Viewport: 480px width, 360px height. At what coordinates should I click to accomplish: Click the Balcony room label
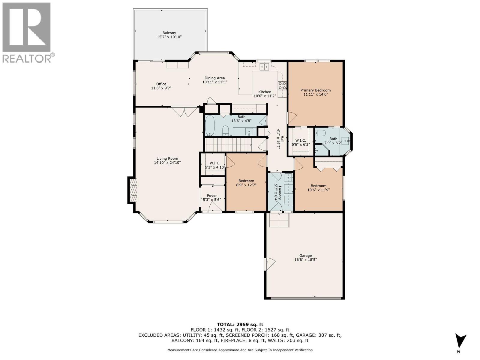click(x=169, y=33)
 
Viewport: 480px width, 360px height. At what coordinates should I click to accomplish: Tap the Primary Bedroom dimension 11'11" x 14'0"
click(x=316, y=94)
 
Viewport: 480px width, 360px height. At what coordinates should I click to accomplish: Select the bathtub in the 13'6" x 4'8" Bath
click(x=209, y=126)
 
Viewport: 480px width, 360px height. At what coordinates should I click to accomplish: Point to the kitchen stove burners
click(x=282, y=85)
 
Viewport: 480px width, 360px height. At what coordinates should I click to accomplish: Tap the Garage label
click(x=305, y=256)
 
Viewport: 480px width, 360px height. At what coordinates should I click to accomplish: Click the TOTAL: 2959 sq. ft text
click(x=240, y=324)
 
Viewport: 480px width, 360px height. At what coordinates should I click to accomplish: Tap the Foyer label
click(x=212, y=196)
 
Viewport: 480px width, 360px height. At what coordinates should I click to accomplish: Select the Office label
click(x=161, y=84)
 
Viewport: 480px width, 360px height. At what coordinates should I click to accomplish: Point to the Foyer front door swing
click(x=215, y=207)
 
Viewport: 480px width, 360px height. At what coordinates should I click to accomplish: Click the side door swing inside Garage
click(x=269, y=264)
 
